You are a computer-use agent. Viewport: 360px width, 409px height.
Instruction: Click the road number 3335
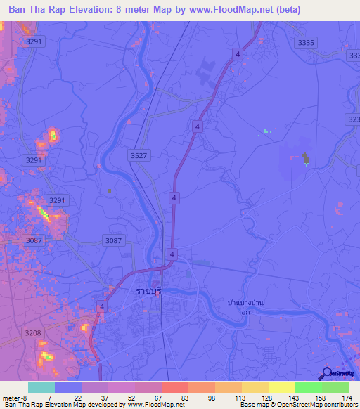coord(306,43)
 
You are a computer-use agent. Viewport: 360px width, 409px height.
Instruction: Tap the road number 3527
coord(139,155)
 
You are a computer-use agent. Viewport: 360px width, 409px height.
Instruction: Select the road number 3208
coord(32,333)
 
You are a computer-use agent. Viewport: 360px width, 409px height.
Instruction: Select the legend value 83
coord(184,397)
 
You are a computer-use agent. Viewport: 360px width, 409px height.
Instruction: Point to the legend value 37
coord(105,397)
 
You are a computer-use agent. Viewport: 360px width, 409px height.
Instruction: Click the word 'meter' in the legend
coord(10,397)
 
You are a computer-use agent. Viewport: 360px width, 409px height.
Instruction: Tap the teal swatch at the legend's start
coord(41,387)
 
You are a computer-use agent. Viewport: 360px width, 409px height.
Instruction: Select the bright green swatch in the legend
coord(309,387)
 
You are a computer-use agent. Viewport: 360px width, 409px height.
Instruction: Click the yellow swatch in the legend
coord(281,387)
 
